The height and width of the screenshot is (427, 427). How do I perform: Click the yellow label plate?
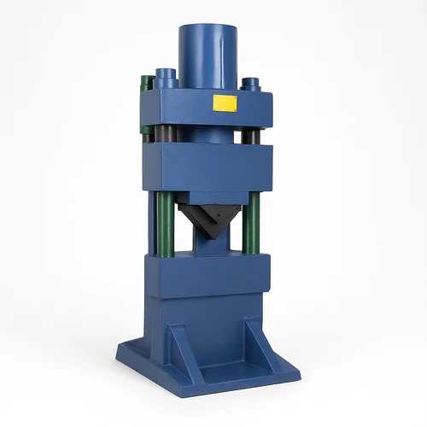(224, 104)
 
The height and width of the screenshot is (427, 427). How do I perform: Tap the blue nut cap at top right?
(251, 85)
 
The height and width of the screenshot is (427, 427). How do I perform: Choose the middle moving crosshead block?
(205, 167)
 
